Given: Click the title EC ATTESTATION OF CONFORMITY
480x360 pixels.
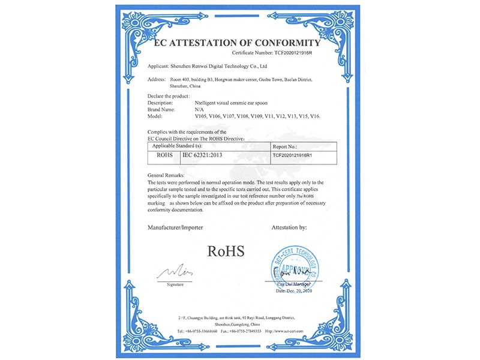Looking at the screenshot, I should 238,43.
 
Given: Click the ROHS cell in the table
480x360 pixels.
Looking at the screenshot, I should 163,154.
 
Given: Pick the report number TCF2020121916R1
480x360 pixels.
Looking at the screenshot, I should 293,154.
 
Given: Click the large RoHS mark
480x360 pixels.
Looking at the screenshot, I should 226,250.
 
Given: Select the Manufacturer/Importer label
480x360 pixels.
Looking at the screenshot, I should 175,228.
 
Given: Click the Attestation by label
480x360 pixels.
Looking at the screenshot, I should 289,228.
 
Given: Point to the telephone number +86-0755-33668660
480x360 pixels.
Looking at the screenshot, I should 200,331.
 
